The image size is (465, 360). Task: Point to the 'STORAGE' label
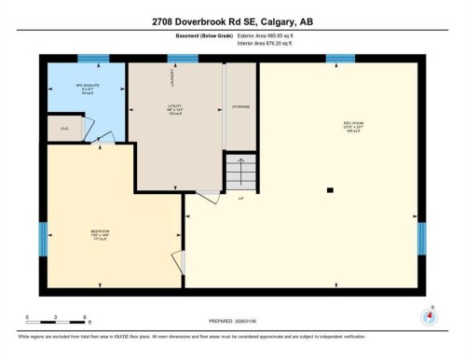(240, 107)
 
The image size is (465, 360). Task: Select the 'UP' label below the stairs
(240, 198)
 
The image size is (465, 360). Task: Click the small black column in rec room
(330, 190)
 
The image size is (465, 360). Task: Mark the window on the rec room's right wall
(421, 238)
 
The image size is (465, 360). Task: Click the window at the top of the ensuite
(92, 59)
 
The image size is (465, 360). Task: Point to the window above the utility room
(183, 59)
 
